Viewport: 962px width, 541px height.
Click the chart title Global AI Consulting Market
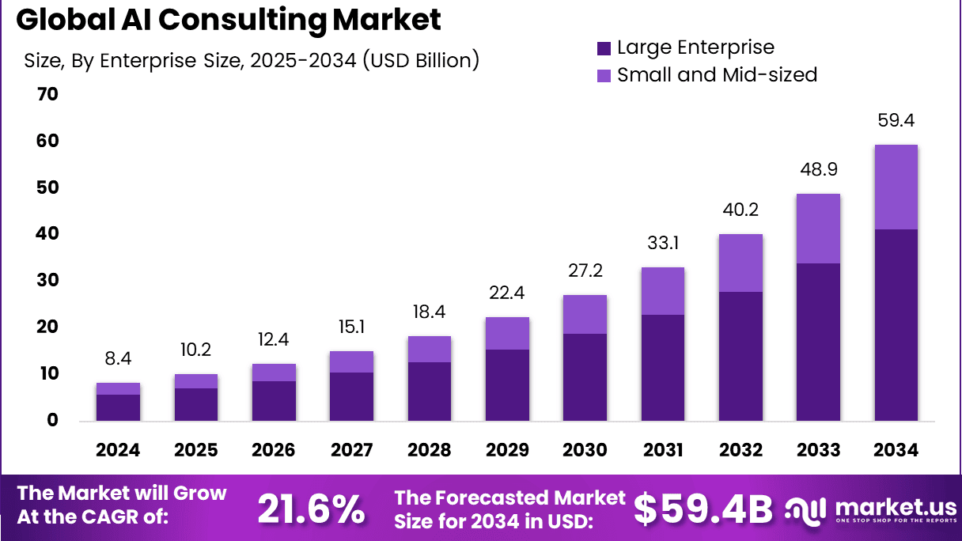pos(229,20)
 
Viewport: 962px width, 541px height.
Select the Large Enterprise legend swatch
pos(604,48)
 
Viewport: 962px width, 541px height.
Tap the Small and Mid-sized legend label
pos(717,75)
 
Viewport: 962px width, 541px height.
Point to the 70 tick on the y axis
pos(47,95)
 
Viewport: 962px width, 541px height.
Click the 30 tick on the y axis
pos(47,281)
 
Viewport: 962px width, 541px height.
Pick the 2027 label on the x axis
pos(351,450)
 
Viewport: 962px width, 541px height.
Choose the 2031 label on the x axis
pos(662,450)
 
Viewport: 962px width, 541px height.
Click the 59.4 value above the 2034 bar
pos(896,121)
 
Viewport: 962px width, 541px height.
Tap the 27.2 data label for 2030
pos(585,271)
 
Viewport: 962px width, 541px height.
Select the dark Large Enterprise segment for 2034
pos(896,324)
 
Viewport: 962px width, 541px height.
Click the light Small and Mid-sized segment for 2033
pos(818,229)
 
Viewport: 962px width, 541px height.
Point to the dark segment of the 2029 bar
pos(507,384)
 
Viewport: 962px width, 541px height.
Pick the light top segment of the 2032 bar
pos(740,263)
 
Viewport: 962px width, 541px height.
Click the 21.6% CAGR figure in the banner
pos(311,509)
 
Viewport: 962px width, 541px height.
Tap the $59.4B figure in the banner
pos(703,509)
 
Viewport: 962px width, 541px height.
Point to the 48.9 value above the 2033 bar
pos(818,170)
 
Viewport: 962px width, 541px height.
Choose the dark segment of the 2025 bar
pos(195,404)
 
